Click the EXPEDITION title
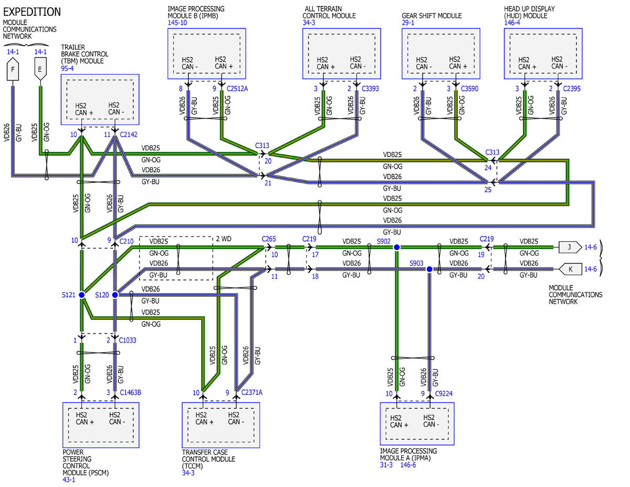click(32, 12)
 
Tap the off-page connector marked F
click(13, 69)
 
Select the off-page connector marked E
click(40, 69)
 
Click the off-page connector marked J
click(570, 247)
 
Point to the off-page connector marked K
click(570, 269)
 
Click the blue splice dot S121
click(82, 295)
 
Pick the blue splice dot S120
click(115, 295)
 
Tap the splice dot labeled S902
click(396, 247)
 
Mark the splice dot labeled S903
click(429, 269)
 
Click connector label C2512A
click(237, 89)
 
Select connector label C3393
click(370, 89)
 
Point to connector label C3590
click(470, 89)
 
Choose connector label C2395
click(572, 89)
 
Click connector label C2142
click(129, 134)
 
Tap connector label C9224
click(444, 393)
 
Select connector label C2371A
click(252, 392)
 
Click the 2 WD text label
click(224, 239)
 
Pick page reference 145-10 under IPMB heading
click(177, 23)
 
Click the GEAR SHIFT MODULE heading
click(432, 16)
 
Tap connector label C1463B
click(131, 392)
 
